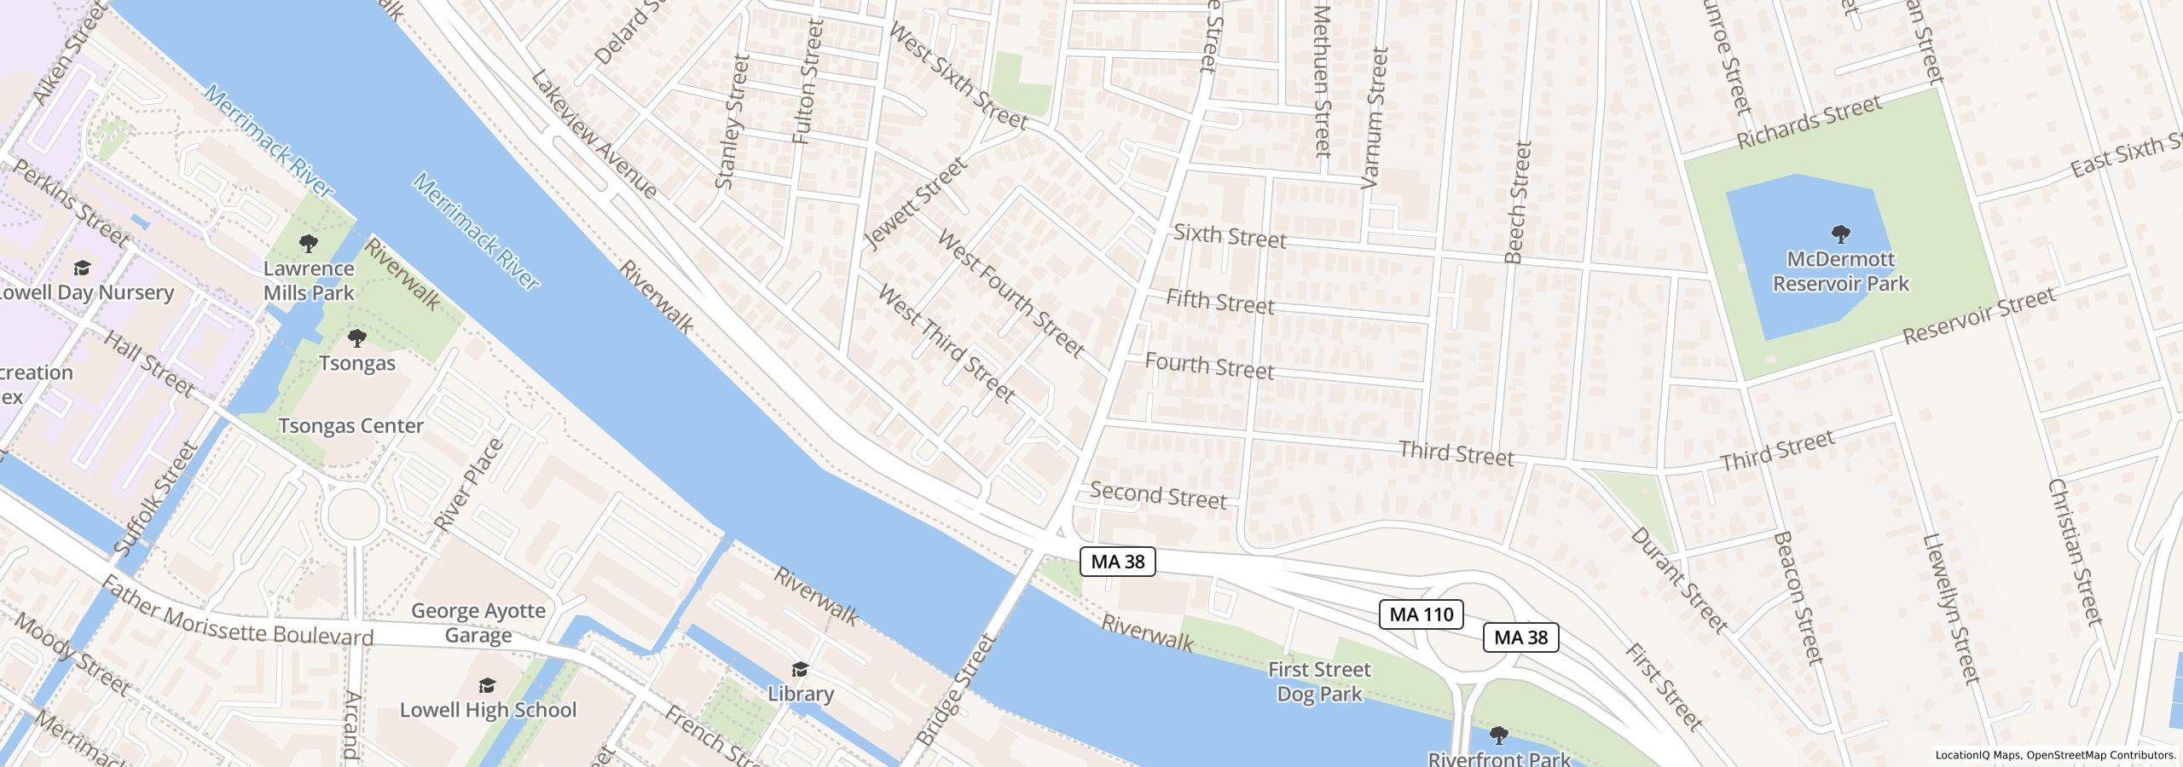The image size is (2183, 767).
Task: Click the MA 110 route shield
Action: [1421, 614]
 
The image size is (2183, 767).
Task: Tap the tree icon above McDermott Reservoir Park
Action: [1840, 234]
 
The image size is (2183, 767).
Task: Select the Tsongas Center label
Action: [350, 426]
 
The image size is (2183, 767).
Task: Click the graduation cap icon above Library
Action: [799, 669]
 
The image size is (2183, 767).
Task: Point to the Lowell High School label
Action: [488, 710]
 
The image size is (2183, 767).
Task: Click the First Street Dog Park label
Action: [1318, 681]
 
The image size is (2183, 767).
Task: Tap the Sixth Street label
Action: [1229, 236]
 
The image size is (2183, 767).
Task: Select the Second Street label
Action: [1157, 495]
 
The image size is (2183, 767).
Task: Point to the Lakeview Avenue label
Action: [594, 134]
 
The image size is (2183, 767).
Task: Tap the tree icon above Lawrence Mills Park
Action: [309, 244]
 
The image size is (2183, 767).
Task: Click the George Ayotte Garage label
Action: [478, 622]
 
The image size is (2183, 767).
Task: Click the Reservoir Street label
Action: [1978, 316]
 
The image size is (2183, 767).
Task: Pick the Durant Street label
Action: [1678, 580]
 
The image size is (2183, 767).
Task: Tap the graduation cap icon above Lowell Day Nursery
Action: [82, 268]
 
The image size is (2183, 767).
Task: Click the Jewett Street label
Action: [915, 203]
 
